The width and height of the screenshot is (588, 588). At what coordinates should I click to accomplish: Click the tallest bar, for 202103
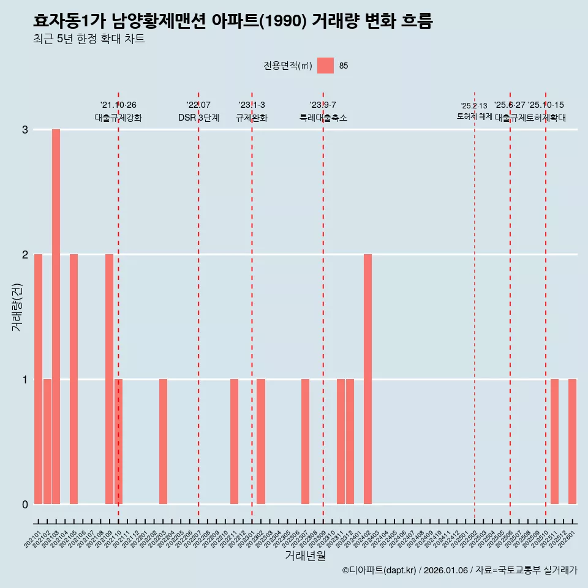coord(56,317)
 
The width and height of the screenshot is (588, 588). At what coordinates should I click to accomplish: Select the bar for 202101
coord(38,379)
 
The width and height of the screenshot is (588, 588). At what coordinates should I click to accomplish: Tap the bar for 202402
coord(367,379)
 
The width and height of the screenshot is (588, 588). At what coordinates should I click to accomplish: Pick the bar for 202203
coord(163,442)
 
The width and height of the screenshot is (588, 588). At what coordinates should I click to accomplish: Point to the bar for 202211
coord(234,442)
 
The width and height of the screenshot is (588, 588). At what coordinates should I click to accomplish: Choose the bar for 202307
coord(305,442)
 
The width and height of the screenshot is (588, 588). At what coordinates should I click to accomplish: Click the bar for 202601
coord(572,442)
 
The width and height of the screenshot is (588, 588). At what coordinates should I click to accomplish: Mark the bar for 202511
coord(554,442)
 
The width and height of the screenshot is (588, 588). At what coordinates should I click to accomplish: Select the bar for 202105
coord(73,379)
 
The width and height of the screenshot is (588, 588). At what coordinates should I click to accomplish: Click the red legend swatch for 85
coord(325,66)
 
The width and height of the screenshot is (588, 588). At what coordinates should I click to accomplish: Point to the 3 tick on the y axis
coord(25,129)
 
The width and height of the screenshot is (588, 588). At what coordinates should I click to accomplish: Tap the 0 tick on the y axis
coord(25,504)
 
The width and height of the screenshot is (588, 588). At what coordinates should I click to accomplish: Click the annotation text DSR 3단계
coord(198,118)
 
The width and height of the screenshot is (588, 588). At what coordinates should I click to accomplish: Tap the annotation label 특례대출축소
coord(323,118)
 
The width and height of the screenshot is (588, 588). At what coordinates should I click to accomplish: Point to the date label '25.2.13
coord(474,106)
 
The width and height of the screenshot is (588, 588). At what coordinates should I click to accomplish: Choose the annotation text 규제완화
coord(252,118)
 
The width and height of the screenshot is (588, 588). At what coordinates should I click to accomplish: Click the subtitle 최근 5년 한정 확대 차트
coord(89,40)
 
